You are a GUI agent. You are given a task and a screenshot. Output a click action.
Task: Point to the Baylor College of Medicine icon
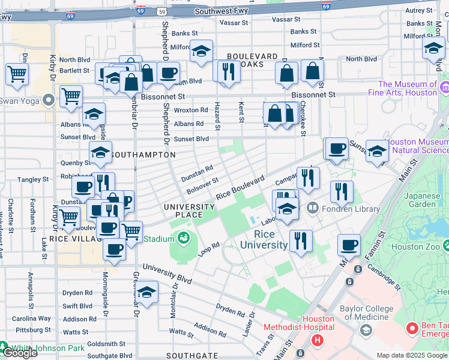pyautogui.click(x=366, y=330)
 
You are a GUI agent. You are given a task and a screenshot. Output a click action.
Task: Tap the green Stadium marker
pyautogui.click(x=183, y=239)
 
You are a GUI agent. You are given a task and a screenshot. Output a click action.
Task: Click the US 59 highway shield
pyautogui.click(x=161, y=11)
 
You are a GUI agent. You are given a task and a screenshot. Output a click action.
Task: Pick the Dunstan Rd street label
pyautogui.click(x=197, y=173)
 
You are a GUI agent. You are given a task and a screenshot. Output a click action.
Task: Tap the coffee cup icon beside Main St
pyautogui.click(x=349, y=245)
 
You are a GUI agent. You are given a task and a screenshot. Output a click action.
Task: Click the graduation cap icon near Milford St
pyautogui.click(x=202, y=52)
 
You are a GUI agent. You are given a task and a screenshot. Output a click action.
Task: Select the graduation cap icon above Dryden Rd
pyautogui.click(x=146, y=292)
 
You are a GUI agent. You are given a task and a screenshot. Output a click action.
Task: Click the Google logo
pyautogui.click(x=20, y=352)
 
